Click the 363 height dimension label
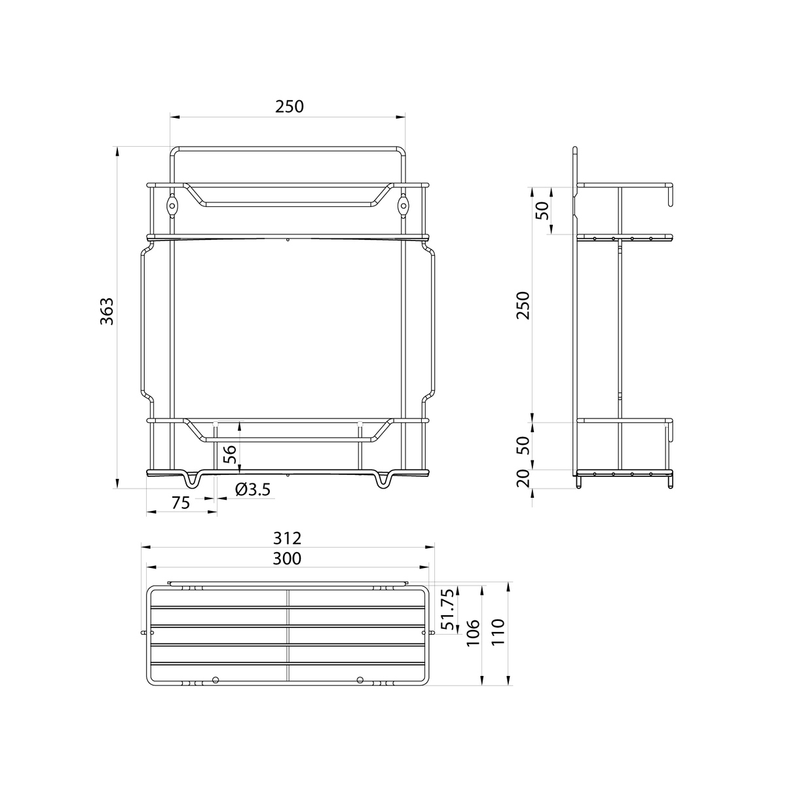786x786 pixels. coord(107,311)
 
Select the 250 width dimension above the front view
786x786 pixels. coord(290,107)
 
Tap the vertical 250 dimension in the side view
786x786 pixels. coord(523,305)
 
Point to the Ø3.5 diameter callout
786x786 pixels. coord(253,489)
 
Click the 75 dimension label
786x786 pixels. coord(181,503)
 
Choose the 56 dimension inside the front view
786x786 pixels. coord(230,453)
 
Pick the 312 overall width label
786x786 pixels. coord(287,538)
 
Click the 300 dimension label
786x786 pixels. coord(287,559)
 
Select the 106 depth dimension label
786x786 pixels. coord(473,633)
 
